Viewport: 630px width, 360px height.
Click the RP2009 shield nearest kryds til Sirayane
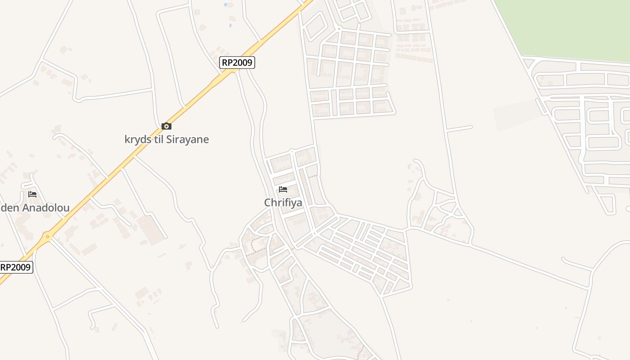coord(237,63)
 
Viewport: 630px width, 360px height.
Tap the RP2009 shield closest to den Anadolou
coord(15,267)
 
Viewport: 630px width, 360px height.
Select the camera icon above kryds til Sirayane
coord(166,126)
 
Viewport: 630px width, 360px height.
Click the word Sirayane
coord(188,139)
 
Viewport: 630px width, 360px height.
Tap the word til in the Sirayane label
coord(158,139)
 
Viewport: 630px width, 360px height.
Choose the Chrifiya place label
coord(283,203)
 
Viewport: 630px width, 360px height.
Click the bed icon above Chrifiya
coord(283,189)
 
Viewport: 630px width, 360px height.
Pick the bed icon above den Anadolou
coord(32,194)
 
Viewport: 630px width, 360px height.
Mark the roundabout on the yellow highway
coord(47,236)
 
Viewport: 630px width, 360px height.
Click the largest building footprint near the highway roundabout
coord(151,229)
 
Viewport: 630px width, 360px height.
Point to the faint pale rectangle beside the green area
coord(517,115)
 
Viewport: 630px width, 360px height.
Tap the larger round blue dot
coord(225,4)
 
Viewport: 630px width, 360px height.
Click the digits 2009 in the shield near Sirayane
coord(243,63)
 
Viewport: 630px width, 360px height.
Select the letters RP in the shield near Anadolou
coord(6,267)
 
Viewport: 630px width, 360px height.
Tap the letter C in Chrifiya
coord(268,203)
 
